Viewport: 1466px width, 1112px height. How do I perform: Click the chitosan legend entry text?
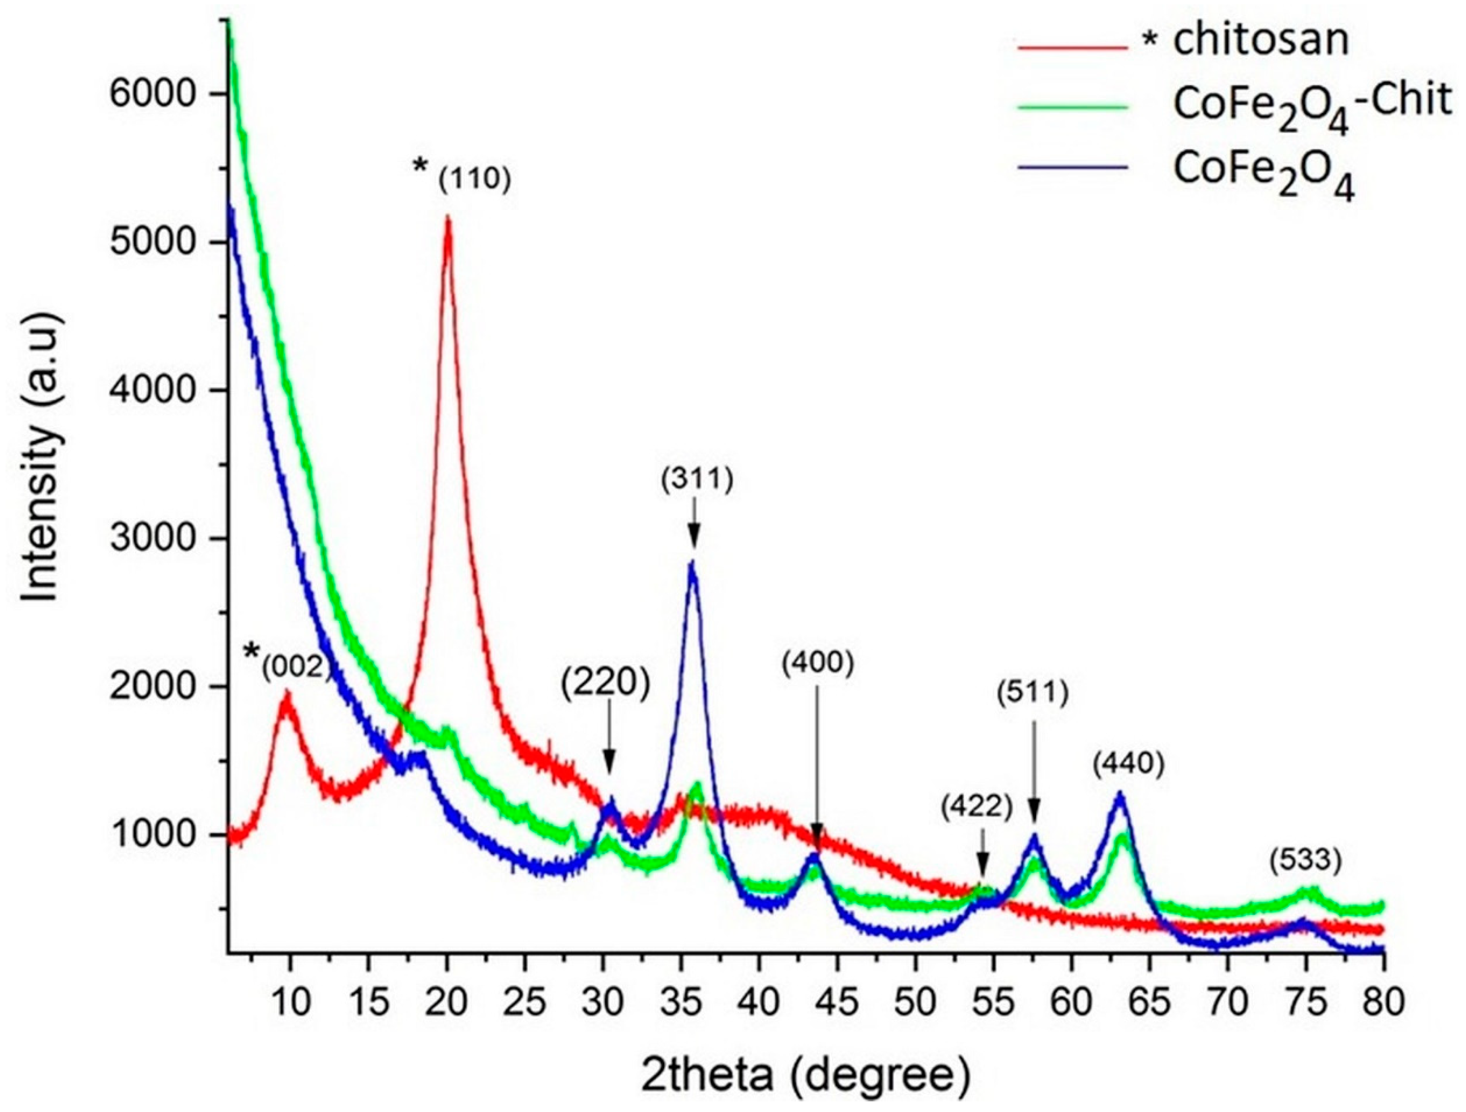coord(1259,41)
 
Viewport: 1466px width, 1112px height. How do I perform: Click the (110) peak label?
coord(474,181)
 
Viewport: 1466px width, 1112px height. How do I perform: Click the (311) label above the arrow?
coord(697,481)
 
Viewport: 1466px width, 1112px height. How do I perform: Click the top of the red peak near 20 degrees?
coord(448,219)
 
